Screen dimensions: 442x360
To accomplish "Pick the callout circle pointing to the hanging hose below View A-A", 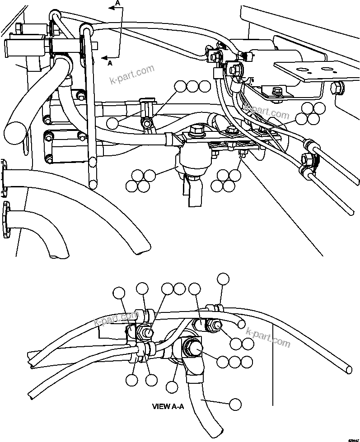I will (235, 404).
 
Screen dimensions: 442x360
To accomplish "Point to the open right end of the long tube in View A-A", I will (348, 369).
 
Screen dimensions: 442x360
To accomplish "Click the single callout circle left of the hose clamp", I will (113, 123).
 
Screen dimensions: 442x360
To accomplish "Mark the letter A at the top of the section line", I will (118, 3).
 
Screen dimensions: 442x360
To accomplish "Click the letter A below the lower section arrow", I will (110, 64).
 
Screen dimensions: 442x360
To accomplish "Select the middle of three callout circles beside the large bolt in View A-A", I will (234, 362).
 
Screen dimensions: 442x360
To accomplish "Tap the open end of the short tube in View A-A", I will (243, 323).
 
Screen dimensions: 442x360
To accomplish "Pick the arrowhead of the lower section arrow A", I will (103, 58).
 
